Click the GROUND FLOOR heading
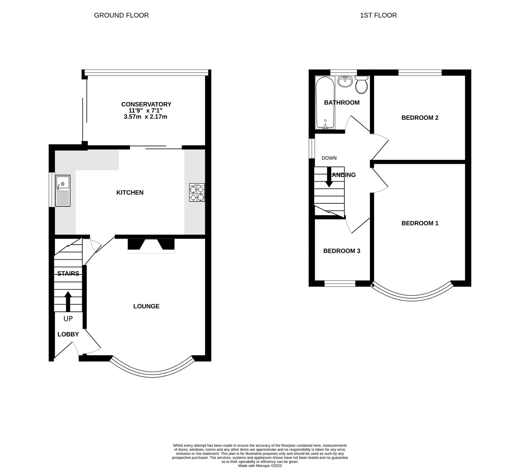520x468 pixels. point(121,15)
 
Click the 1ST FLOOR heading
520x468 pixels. point(378,15)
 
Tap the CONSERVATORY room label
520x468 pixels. point(146,104)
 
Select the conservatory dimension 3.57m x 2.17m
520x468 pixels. point(146,117)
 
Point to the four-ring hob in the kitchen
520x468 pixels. point(197,193)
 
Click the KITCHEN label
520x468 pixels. point(130,193)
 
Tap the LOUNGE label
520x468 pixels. point(146,306)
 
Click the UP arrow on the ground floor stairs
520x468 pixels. point(68,301)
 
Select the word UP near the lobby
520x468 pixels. point(68,319)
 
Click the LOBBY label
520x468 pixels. point(68,334)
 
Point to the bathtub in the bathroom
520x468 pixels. point(325,103)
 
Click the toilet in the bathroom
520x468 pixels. point(361,84)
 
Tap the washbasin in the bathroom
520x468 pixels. point(345,82)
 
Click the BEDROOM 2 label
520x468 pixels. point(420,118)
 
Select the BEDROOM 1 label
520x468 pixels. point(420,223)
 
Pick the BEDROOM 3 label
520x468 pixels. point(342,251)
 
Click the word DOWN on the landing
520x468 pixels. point(329,158)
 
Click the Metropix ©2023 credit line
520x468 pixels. point(260,466)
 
